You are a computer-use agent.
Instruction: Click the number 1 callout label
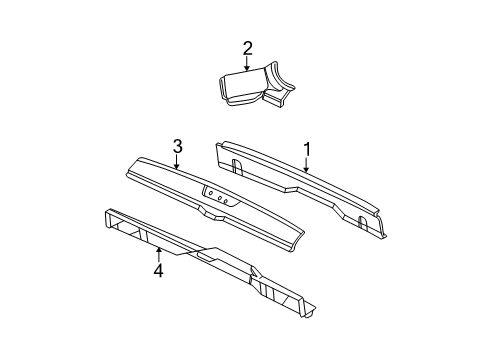[308, 149]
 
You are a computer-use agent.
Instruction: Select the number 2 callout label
[248, 47]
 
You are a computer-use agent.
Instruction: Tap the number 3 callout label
[176, 148]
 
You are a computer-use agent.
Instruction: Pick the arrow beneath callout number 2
[248, 63]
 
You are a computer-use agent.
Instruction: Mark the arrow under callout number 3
[176, 164]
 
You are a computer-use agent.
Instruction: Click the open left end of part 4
[112, 226]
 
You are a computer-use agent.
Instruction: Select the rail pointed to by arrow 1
[300, 185]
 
